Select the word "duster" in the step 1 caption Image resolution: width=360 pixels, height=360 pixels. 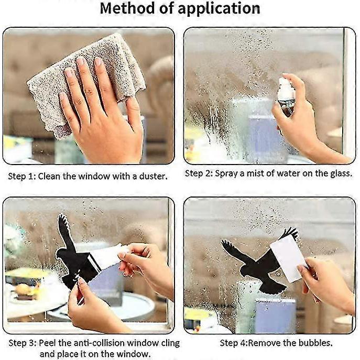click(x=153, y=176)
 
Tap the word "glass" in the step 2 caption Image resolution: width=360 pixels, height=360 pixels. click(x=341, y=173)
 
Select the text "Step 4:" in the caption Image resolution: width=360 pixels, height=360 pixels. click(x=234, y=343)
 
